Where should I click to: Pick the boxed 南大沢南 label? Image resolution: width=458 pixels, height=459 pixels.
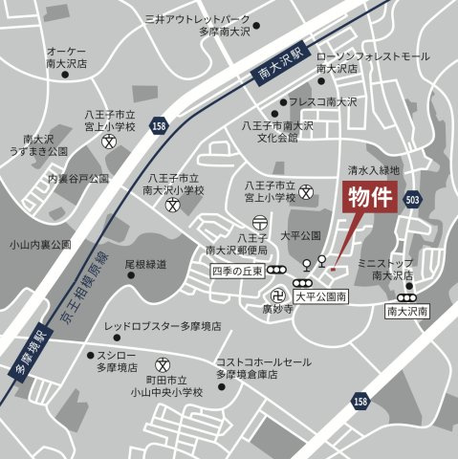click(x=410, y=311)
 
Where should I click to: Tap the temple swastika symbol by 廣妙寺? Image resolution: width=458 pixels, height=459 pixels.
click(x=279, y=293)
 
